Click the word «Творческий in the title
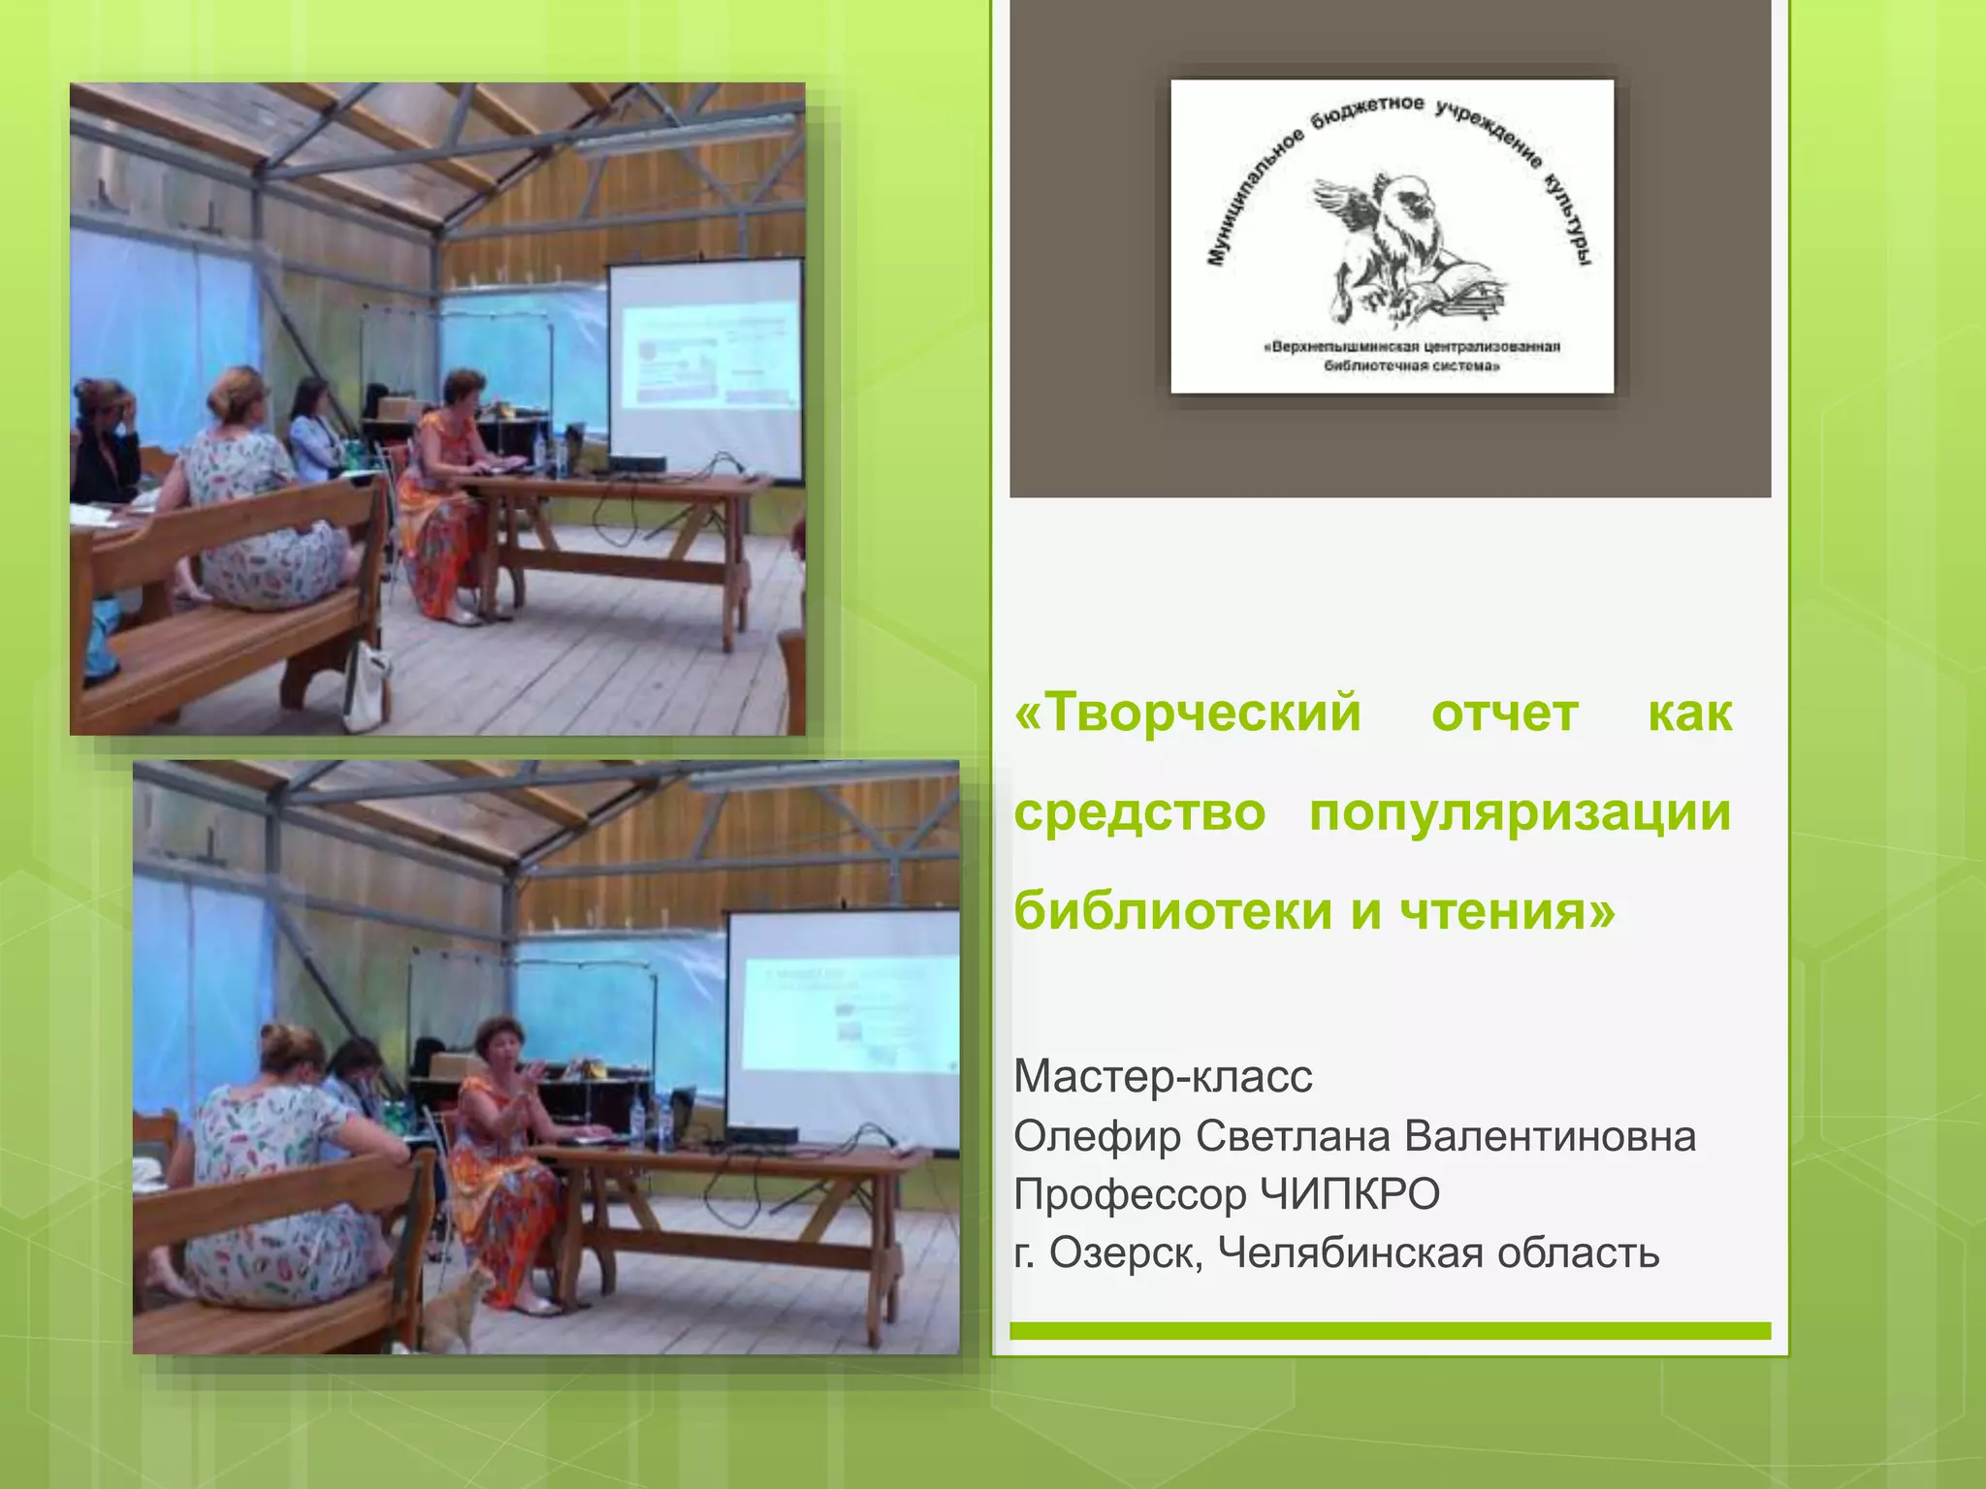point(1187,713)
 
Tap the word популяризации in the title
point(1519,812)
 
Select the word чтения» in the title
point(1508,911)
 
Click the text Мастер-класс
point(1163,1077)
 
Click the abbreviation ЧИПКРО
point(1349,1194)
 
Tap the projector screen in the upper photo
point(706,368)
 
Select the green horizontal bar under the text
point(1390,1330)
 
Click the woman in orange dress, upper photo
point(444,504)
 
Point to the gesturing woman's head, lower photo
point(498,1042)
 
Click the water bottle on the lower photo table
point(637,1125)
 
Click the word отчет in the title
point(1504,713)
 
